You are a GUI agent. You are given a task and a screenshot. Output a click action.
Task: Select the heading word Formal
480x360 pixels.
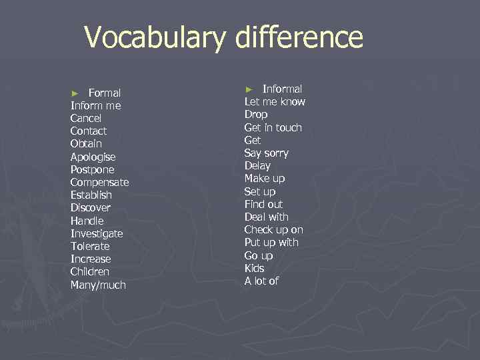click(104, 93)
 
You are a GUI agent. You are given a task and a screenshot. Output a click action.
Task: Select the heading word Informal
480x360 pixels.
click(282, 89)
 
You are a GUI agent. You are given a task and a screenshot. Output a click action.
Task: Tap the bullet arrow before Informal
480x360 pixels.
click(249, 89)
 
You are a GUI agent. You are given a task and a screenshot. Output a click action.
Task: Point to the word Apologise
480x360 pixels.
click(93, 157)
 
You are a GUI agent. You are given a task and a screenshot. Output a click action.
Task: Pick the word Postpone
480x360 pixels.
click(93, 169)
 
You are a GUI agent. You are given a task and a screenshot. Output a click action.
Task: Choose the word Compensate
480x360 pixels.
click(99, 182)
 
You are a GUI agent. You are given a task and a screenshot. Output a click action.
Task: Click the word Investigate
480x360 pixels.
click(97, 233)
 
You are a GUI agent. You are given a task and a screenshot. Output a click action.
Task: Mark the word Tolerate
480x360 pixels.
click(91, 246)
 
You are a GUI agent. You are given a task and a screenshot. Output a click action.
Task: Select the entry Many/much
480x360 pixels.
click(98, 285)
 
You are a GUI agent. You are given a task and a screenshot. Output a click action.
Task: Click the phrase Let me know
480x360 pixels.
click(275, 101)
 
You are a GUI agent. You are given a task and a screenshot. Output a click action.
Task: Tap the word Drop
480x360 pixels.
click(256, 114)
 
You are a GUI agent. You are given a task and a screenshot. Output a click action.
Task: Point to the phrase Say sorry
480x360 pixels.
click(266, 153)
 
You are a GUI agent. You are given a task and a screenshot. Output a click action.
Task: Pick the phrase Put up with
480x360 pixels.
click(271, 242)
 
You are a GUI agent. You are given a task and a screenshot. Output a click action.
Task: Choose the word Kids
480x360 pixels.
click(254, 268)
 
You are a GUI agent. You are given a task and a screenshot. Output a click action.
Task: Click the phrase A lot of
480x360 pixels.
click(261, 281)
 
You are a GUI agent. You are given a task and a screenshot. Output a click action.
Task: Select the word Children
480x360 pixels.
click(89, 272)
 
